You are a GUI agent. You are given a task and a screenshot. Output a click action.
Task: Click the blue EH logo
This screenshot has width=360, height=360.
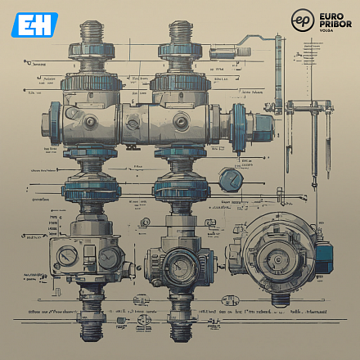[x=35, y=24]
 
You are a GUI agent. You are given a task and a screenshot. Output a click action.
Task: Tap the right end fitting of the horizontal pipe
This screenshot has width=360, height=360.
[x=263, y=123]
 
